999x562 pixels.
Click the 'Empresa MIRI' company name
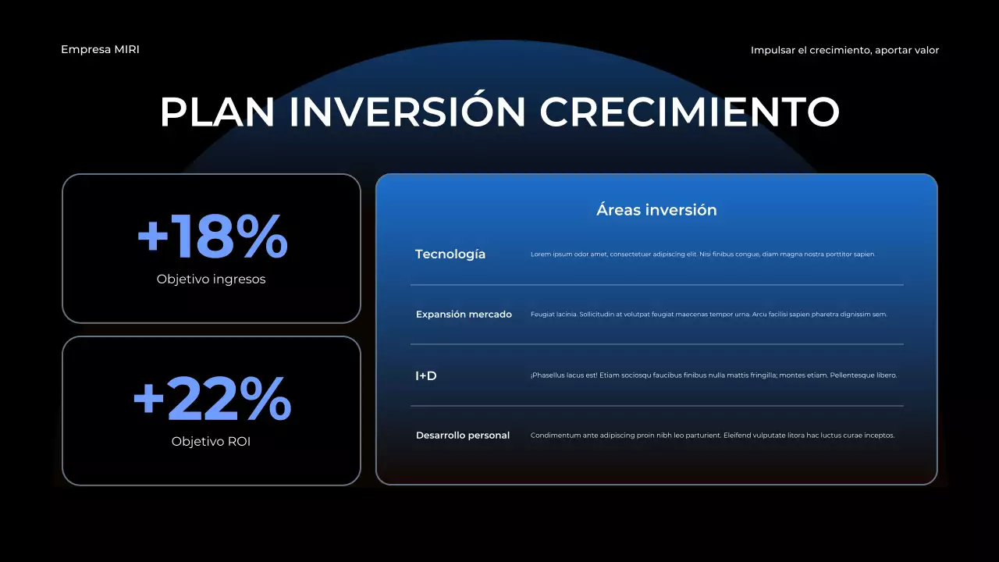tap(100, 49)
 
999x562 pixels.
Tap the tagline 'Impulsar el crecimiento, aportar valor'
tap(844, 51)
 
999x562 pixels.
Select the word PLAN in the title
tap(217, 112)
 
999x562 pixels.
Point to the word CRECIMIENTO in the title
tap(689, 112)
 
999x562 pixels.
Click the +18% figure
tap(212, 237)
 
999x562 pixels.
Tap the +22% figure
tap(212, 399)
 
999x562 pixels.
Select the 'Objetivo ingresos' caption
tap(211, 279)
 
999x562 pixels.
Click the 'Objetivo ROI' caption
tap(211, 442)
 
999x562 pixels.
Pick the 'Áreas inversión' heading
tap(656, 210)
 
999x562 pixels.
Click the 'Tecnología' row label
tap(450, 254)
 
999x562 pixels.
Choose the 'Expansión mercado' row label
tap(464, 315)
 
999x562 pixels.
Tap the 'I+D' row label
tap(426, 376)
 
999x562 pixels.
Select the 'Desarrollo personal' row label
tap(463, 436)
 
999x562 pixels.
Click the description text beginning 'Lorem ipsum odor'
tap(703, 254)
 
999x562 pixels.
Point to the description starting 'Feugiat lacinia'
tap(709, 315)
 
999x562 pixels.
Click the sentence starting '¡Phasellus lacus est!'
tap(713, 375)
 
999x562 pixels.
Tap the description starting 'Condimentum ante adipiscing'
tap(713, 436)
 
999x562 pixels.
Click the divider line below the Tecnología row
tap(657, 285)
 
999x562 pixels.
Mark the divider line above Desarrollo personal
tap(657, 406)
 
